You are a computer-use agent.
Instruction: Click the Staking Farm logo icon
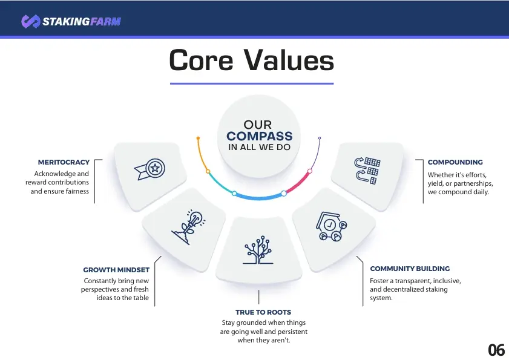click(x=31, y=21)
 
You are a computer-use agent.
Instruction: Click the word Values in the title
click(x=289, y=61)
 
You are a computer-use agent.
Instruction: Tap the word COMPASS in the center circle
click(x=260, y=136)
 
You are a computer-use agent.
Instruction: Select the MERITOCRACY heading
click(x=64, y=162)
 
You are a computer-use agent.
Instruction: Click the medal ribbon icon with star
click(x=149, y=169)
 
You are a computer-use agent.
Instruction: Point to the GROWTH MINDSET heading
click(x=116, y=270)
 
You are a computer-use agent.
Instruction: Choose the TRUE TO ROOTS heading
click(x=263, y=312)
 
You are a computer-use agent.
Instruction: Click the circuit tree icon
click(x=258, y=250)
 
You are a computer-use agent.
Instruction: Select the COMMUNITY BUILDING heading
click(x=410, y=269)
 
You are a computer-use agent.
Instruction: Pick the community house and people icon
click(x=332, y=226)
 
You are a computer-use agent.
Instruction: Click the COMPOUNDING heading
click(x=455, y=162)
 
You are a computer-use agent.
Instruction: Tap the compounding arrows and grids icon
click(x=367, y=171)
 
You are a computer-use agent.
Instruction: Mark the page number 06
click(x=496, y=350)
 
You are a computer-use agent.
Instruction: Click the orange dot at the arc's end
click(x=198, y=139)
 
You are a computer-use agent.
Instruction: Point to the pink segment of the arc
click(x=298, y=183)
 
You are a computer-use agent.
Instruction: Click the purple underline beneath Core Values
click(x=252, y=83)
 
